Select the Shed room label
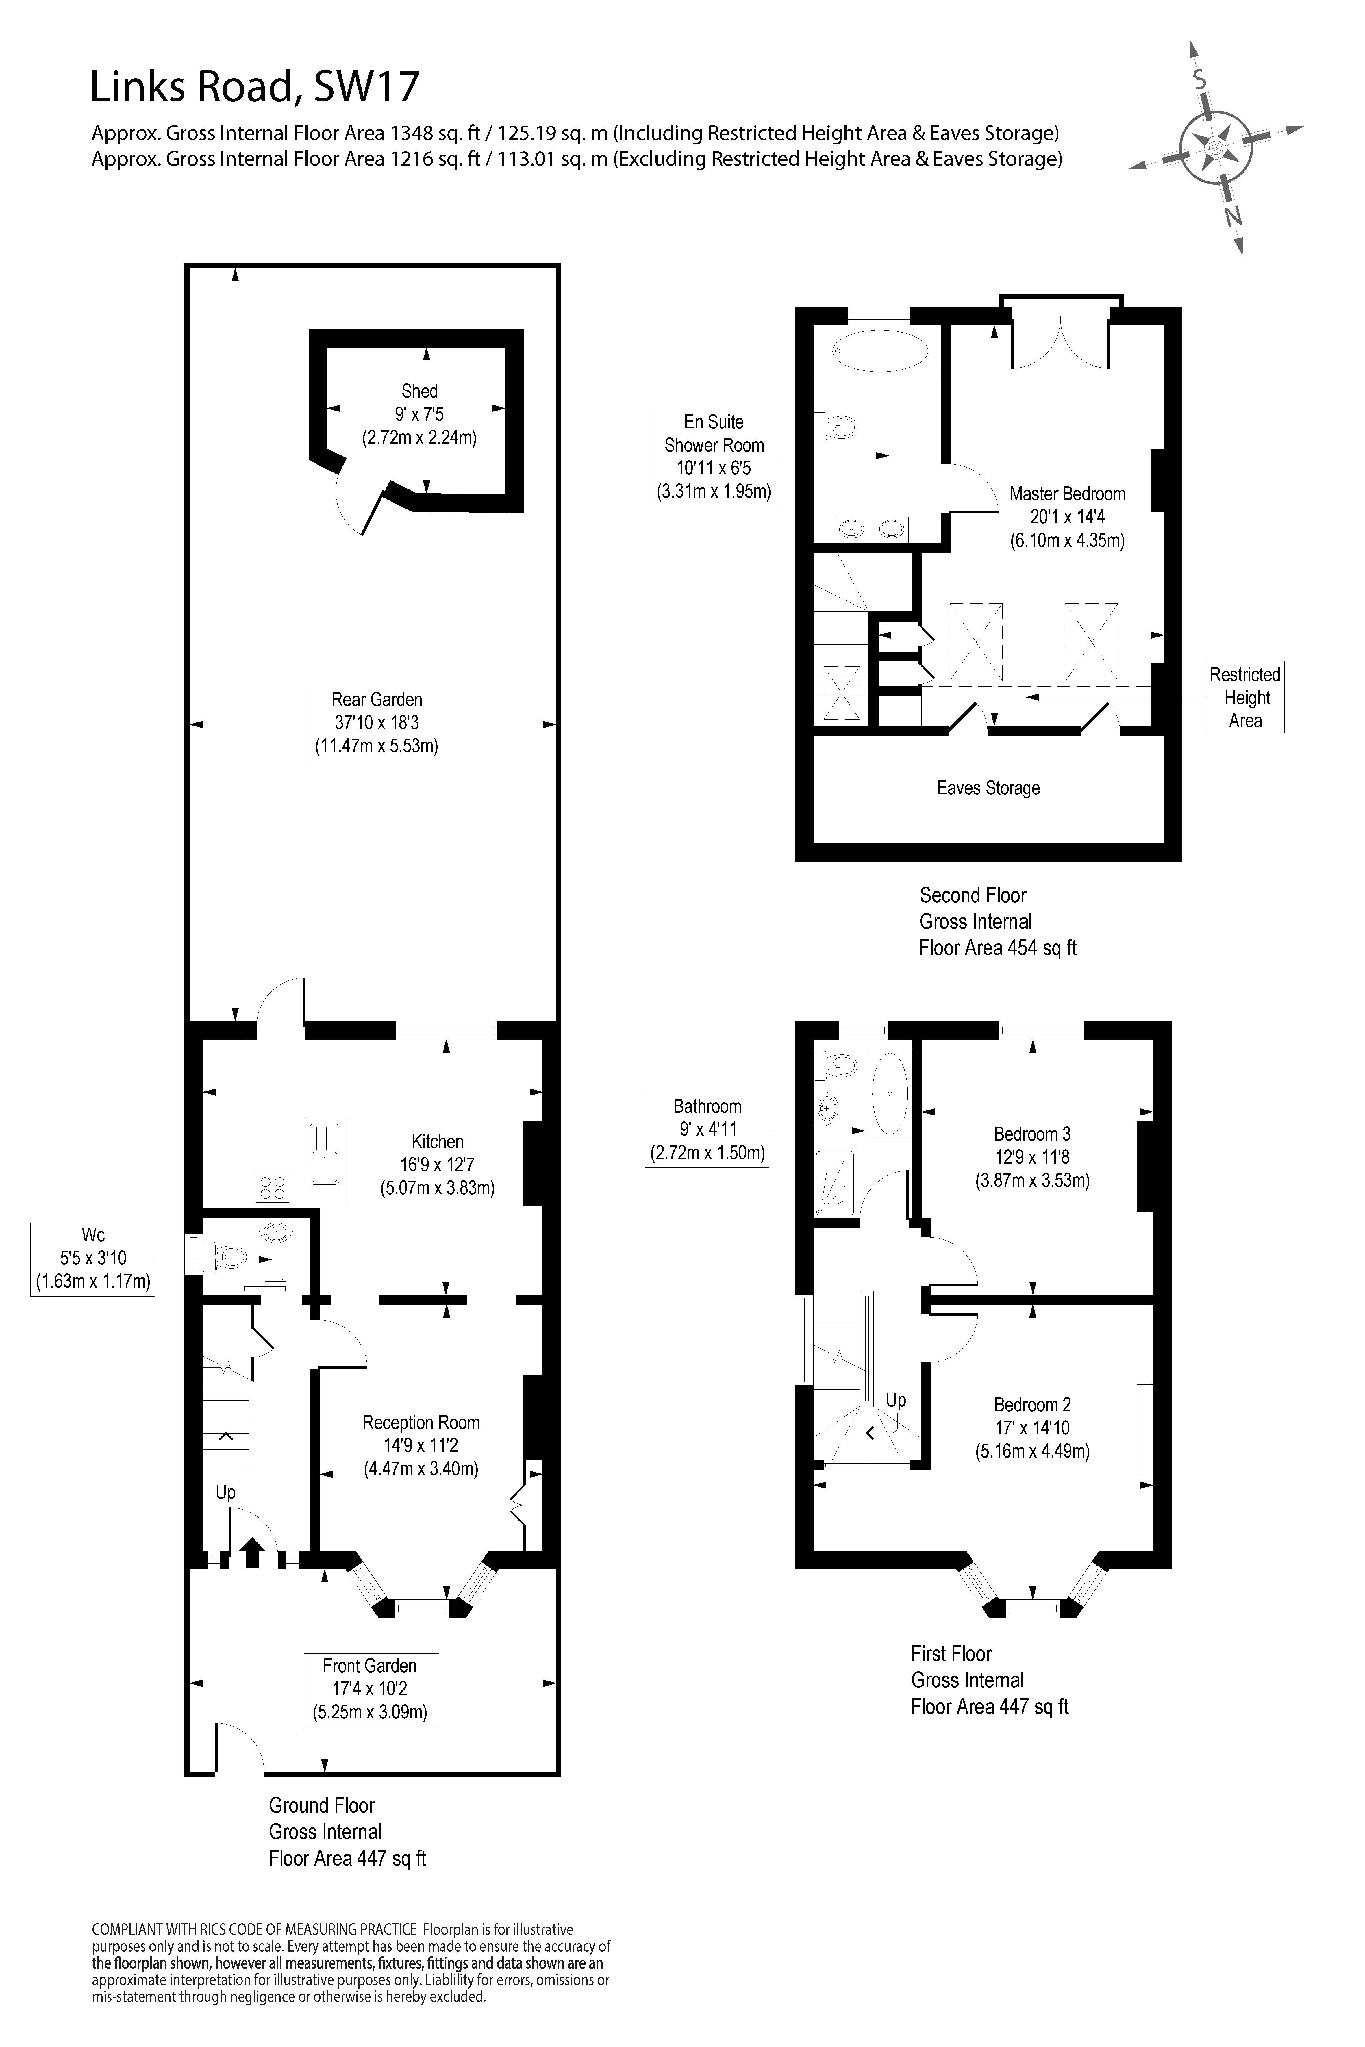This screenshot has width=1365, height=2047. (420, 414)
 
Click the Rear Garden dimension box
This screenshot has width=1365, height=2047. (378, 723)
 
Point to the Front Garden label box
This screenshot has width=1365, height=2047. (370, 1689)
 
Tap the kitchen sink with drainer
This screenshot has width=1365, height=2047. (325, 1152)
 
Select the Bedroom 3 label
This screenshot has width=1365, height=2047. (1032, 1157)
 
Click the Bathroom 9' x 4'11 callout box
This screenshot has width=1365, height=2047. (707, 1130)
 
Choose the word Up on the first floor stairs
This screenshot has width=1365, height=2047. (896, 1399)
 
